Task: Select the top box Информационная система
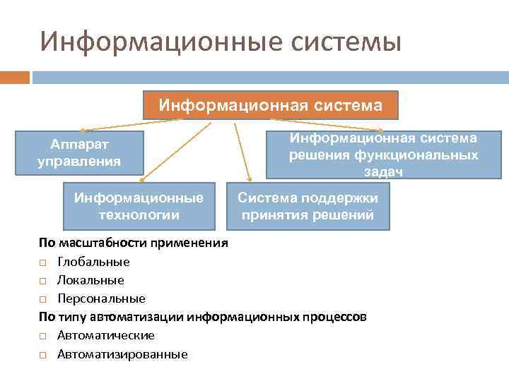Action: (x=271, y=106)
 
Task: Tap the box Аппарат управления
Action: (x=79, y=152)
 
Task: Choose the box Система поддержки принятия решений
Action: (x=308, y=206)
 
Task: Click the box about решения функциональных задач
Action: (x=383, y=155)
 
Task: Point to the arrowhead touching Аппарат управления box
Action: (x=83, y=131)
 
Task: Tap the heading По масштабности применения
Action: (x=134, y=243)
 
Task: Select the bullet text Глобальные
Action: (x=93, y=262)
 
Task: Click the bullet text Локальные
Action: (x=90, y=280)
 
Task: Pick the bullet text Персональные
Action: (x=101, y=298)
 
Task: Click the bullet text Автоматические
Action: (x=106, y=335)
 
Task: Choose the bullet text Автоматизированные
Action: (x=122, y=354)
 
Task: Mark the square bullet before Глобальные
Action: (x=43, y=262)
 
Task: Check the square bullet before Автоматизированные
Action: (x=43, y=355)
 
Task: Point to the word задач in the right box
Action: (x=383, y=171)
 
